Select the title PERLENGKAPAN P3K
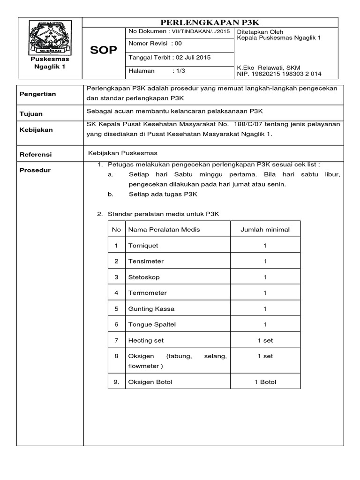[x=210, y=22]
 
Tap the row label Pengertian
[x=37, y=94]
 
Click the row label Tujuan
[x=31, y=114]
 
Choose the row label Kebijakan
[x=36, y=129]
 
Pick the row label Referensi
[x=36, y=154]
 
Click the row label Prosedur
[x=35, y=170]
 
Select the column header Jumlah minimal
[x=265, y=229]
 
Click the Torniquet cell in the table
[x=143, y=245]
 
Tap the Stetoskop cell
[x=144, y=277]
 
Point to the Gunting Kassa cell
[x=148, y=309]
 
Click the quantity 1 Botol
[x=265, y=382]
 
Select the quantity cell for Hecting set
[x=265, y=340]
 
